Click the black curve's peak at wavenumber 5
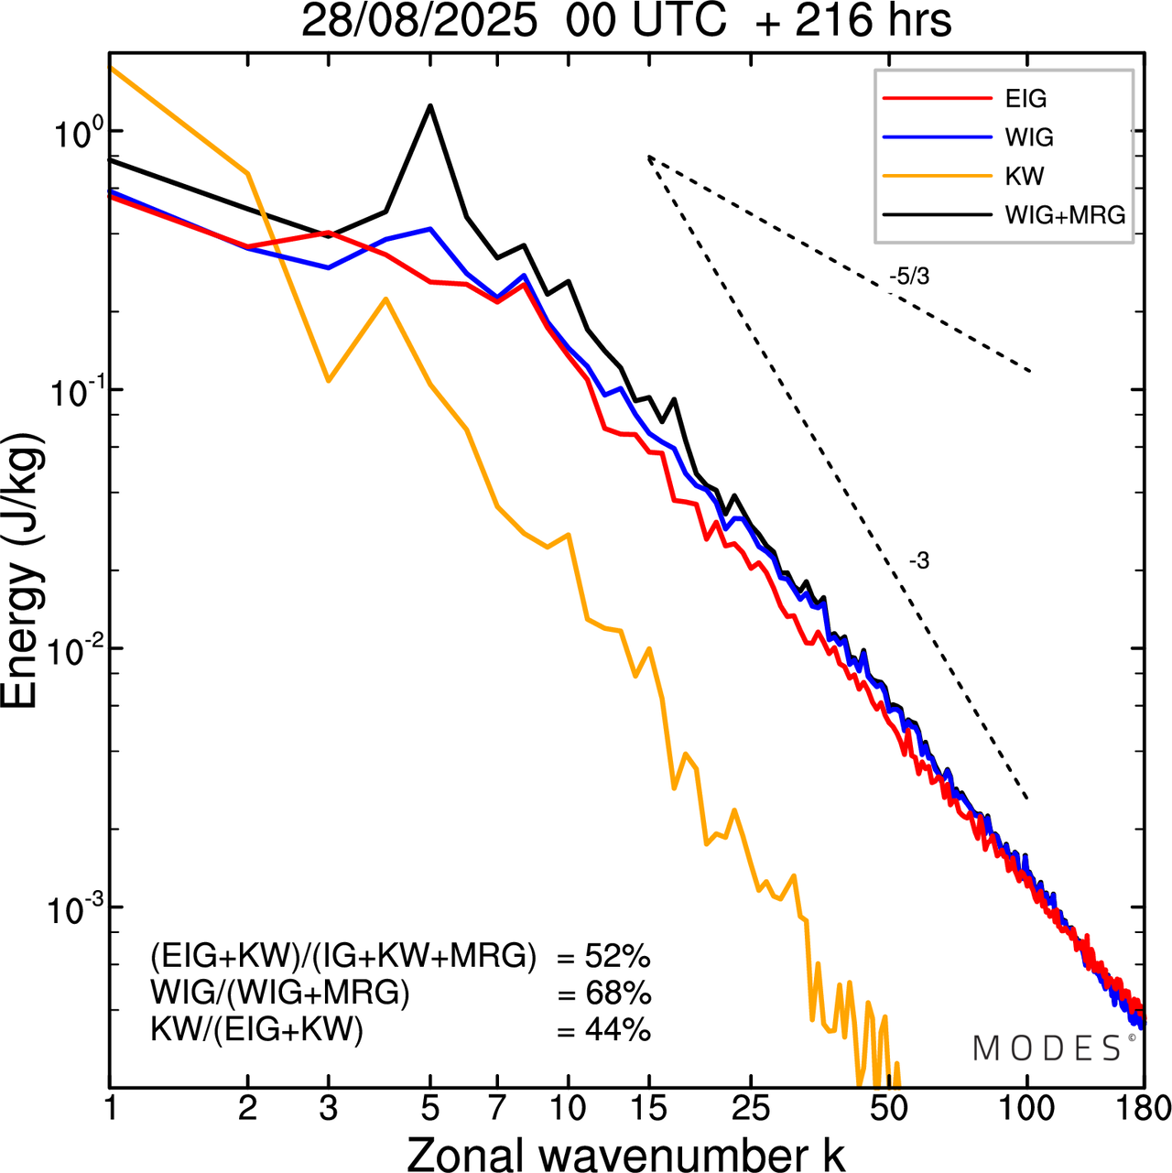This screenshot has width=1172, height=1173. (x=430, y=106)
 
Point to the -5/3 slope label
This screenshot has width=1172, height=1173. (x=908, y=276)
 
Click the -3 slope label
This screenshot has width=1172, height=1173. (x=919, y=561)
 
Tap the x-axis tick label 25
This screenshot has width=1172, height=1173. (x=751, y=1108)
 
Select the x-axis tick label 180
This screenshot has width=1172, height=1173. (x=1141, y=1108)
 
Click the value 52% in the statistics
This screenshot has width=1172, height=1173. (x=617, y=957)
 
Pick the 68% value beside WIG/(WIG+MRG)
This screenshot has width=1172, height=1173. (x=617, y=994)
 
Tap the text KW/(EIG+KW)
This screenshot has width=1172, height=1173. (x=257, y=1030)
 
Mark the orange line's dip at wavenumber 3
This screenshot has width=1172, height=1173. (x=328, y=380)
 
